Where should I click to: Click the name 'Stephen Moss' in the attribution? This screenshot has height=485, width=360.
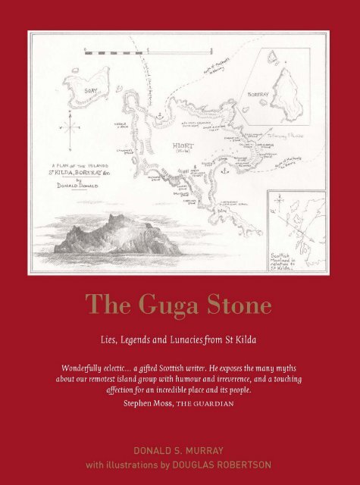click(x=147, y=404)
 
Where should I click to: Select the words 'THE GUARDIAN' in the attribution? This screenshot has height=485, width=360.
click(x=206, y=404)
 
